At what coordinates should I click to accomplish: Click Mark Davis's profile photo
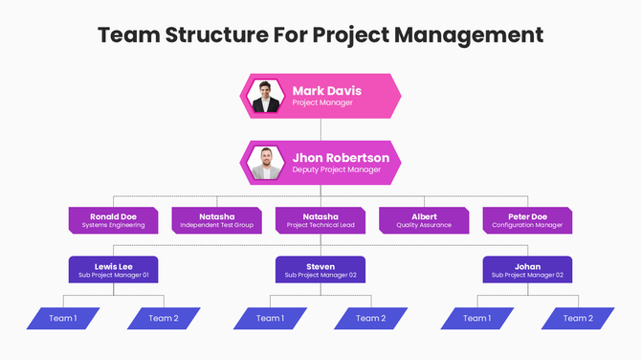[x=263, y=96]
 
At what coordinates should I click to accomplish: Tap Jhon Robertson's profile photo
[x=263, y=163]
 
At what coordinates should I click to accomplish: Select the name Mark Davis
[x=327, y=91]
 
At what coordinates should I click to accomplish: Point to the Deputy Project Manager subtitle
[x=336, y=169]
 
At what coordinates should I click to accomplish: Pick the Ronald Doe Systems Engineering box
[x=114, y=220]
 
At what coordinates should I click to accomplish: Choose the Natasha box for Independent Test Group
[x=217, y=220]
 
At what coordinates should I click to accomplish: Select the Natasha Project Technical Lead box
[x=320, y=220]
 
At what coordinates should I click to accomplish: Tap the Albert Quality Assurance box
[x=424, y=220]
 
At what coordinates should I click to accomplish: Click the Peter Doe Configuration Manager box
[x=527, y=220]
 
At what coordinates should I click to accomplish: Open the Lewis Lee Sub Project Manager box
[x=114, y=270]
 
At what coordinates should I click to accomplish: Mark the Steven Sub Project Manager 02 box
[x=320, y=270]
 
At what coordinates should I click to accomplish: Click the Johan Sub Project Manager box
[x=527, y=270]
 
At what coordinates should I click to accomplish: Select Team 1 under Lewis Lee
[x=62, y=318]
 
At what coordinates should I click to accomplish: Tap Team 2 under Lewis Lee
[x=164, y=318]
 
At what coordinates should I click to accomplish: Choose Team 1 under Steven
[x=270, y=318]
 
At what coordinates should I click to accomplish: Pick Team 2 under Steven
[x=370, y=318]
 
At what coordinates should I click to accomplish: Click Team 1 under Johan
[x=476, y=318]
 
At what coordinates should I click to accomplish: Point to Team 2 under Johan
[x=577, y=318]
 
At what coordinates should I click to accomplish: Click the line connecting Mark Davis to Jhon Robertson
[x=320, y=129]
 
